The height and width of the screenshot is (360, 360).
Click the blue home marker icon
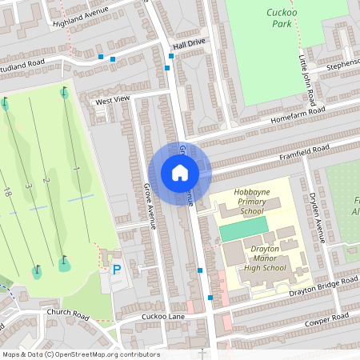tap(180, 173)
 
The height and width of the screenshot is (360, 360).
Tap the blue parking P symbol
tap(117, 271)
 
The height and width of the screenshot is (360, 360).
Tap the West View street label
tap(112, 100)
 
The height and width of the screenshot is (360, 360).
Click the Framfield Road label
tap(303, 150)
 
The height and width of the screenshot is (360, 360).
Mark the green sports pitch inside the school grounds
tap(244, 230)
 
